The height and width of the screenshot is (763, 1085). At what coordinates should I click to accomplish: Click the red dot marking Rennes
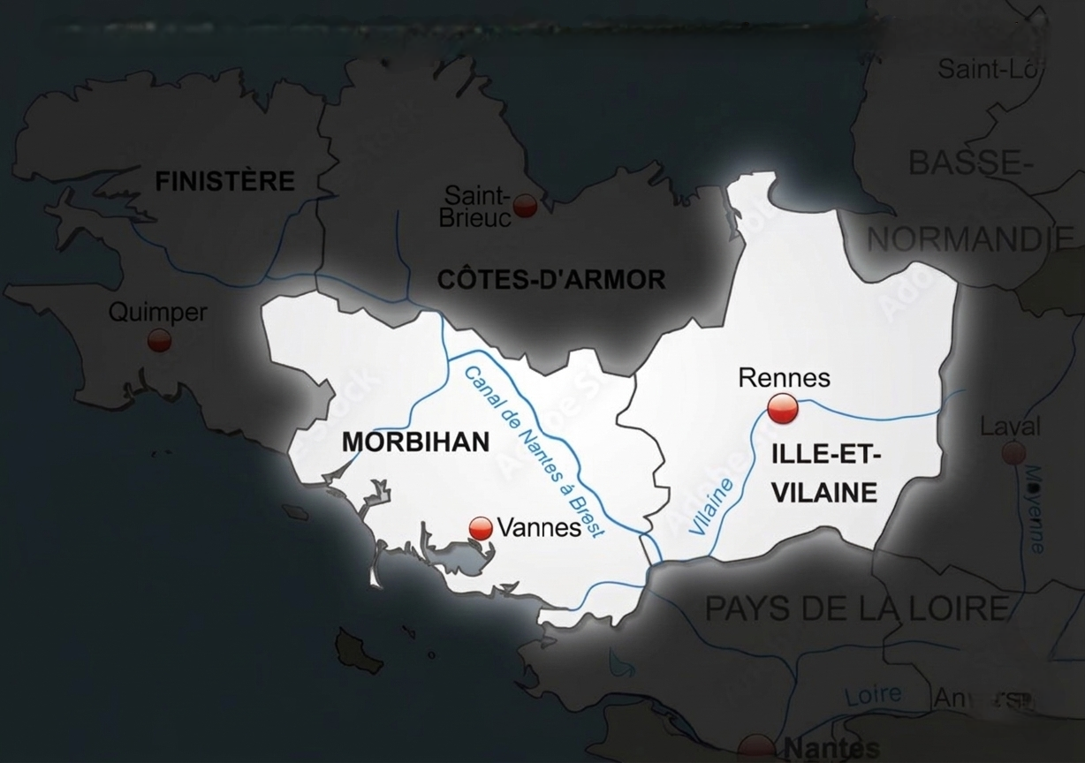coord(783,409)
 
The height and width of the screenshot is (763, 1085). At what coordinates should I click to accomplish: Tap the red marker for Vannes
coord(481,528)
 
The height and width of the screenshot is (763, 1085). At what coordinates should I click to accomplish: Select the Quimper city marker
coord(159,339)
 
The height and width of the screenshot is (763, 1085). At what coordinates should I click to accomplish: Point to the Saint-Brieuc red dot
coord(526,206)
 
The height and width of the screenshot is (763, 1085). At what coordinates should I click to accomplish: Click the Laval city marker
coord(1014,453)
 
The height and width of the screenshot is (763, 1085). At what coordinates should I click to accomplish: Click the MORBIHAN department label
coord(415,442)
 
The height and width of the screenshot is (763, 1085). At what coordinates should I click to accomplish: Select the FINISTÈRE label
coord(224,182)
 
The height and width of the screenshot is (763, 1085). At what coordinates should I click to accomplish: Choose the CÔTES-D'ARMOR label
coord(551,281)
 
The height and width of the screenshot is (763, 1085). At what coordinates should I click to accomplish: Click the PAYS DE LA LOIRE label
coord(855,608)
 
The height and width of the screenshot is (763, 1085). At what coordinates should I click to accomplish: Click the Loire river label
coord(873,695)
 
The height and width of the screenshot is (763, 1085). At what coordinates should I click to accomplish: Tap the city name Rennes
coord(784,378)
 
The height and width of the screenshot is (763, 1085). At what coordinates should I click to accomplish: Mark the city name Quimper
coord(157,312)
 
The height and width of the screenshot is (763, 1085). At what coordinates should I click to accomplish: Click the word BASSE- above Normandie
coord(966,162)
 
